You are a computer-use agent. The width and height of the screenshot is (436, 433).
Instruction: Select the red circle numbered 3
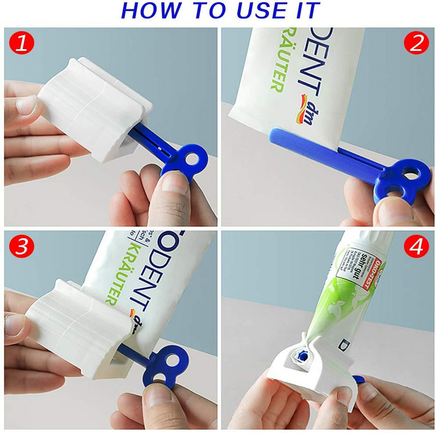(x=21, y=246)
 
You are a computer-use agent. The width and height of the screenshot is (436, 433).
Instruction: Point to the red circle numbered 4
(x=416, y=247)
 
